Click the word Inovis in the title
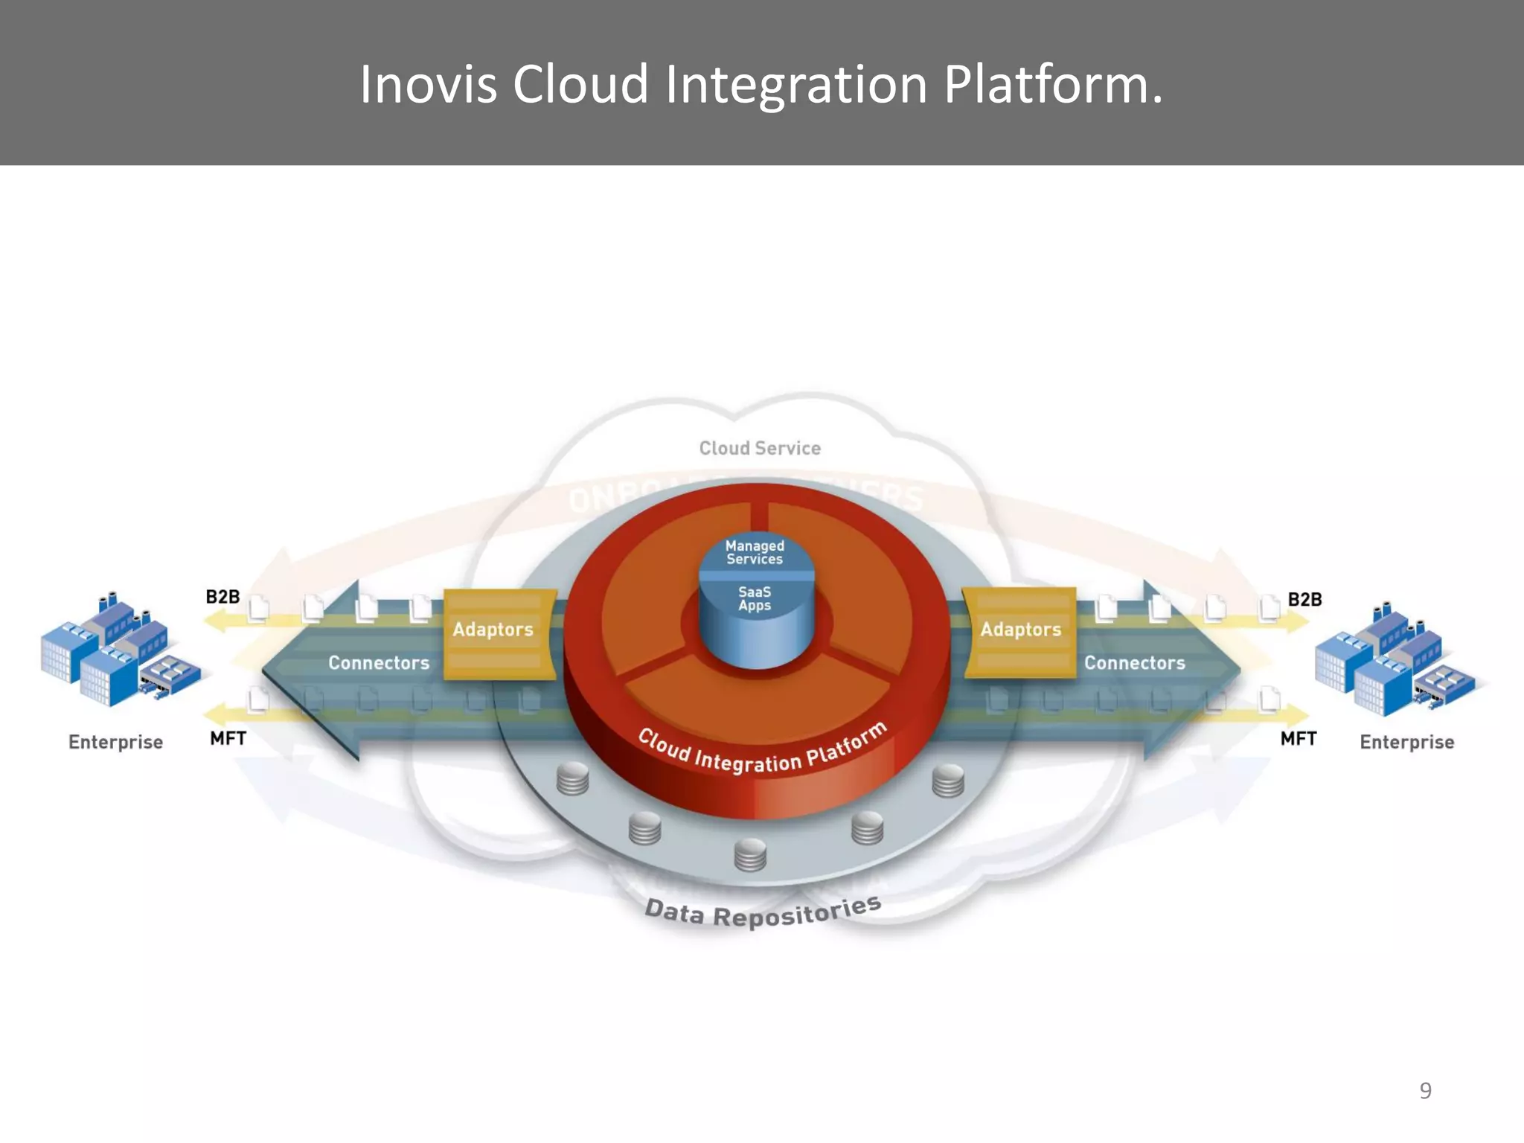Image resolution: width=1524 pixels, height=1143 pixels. (428, 84)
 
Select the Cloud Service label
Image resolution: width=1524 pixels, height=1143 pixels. (760, 448)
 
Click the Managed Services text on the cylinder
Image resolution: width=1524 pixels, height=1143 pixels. (755, 552)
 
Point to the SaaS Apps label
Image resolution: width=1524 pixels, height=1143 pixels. (755, 598)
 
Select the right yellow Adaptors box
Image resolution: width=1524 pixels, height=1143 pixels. (1020, 633)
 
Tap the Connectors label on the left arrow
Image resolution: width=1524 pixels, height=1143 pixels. (379, 662)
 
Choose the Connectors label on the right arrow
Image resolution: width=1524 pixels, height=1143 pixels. (1134, 662)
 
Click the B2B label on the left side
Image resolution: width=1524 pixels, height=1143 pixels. (222, 597)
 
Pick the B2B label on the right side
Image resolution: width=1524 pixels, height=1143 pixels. (1304, 599)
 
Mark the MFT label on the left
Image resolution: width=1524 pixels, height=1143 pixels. (228, 738)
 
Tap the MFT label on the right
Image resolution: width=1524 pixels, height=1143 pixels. (1298, 738)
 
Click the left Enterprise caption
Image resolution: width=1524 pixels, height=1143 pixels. (115, 742)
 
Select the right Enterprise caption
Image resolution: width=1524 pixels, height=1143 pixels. (1406, 742)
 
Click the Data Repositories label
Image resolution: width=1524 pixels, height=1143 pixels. (763, 912)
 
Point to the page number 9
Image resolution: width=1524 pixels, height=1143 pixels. (1425, 1090)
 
